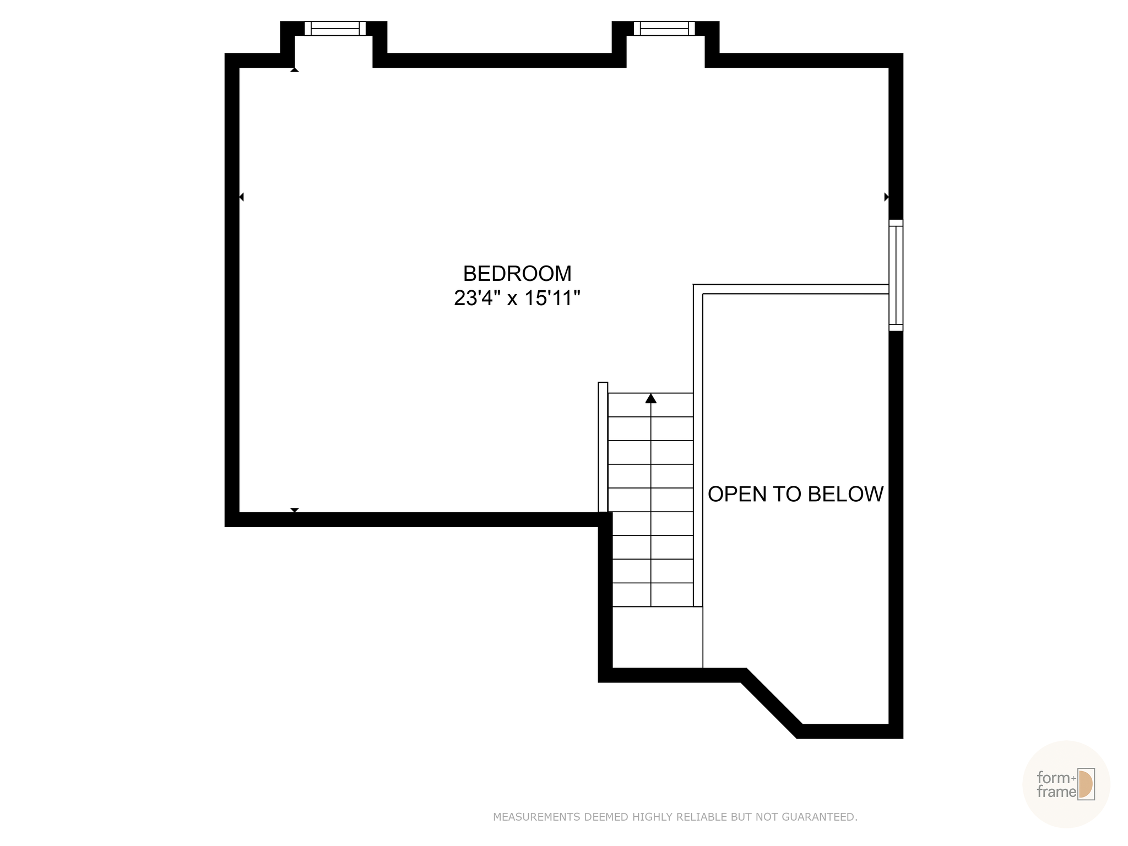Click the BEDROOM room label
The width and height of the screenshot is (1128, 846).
point(517,274)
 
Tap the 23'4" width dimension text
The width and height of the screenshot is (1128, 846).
point(478,299)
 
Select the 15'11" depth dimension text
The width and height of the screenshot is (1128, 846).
point(552,299)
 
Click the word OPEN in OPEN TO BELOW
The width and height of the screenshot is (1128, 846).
point(729,495)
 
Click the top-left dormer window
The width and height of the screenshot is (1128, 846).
point(335,28)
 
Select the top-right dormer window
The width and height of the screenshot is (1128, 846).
point(664,28)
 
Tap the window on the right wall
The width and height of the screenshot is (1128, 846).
point(896,275)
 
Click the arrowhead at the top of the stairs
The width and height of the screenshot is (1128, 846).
point(651,398)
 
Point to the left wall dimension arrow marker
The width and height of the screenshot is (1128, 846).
point(241,197)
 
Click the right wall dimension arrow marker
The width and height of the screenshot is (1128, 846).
point(886,197)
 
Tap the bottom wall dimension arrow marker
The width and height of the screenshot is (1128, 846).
point(295,510)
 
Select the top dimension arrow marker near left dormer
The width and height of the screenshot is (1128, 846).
point(295,69)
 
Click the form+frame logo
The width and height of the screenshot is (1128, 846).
point(1065,784)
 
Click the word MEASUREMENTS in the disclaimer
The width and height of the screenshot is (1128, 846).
point(536,817)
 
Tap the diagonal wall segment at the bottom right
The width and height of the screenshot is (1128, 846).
point(771,703)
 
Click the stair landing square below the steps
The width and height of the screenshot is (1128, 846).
point(657,637)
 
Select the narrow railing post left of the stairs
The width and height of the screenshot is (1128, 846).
point(603,447)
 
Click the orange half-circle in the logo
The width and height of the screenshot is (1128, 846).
point(1084,784)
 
